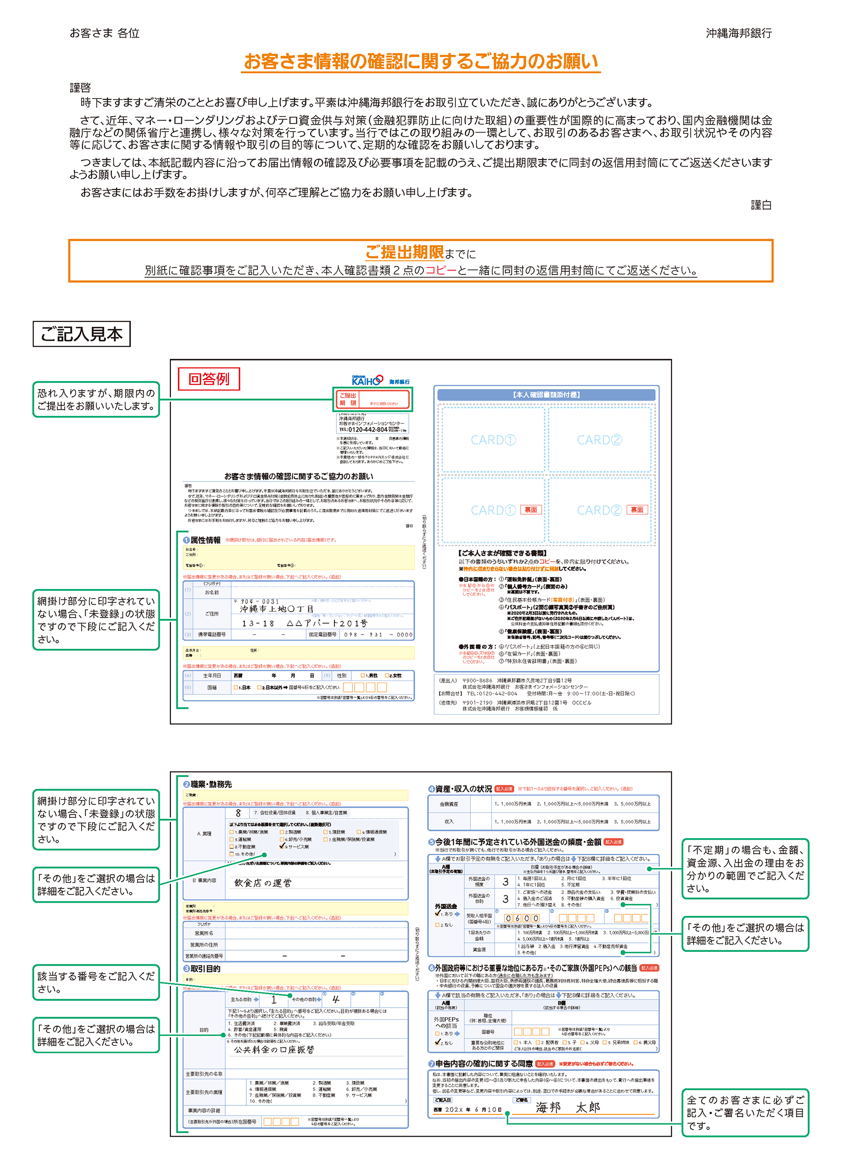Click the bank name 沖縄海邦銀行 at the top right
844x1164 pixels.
pyautogui.click(x=738, y=33)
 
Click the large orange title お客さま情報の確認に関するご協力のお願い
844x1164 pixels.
pyautogui.click(x=420, y=62)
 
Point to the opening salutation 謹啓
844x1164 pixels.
pyautogui.click(x=80, y=88)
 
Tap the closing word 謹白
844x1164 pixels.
pyautogui.click(x=761, y=205)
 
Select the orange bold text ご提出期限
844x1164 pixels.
pyautogui.click(x=405, y=252)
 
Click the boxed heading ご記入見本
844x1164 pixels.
pyautogui.click(x=82, y=334)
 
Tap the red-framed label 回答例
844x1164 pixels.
pyautogui.click(x=209, y=379)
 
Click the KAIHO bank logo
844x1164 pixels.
pyautogui.click(x=367, y=380)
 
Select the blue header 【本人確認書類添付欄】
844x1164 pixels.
pyautogui.click(x=546, y=394)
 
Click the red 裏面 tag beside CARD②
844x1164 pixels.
pyautogui.click(x=637, y=510)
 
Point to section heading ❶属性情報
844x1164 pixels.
pyautogui.click(x=202, y=540)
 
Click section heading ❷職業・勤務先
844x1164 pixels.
pyautogui.click(x=208, y=784)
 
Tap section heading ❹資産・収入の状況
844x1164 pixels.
pyautogui.click(x=459, y=789)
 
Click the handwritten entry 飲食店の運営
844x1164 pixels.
pyautogui.click(x=263, y=883)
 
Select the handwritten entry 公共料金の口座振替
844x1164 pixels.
pyautogui.click(x=274, y=1049)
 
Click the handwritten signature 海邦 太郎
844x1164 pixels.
pyautogui.click(x=568, y=1107)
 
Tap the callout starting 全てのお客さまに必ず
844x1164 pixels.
pyautogui.click(x=745, y=1112)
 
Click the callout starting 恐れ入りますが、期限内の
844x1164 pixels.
pyautogui.click(x=96, y=400)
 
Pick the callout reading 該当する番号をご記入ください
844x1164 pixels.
pyautogui.click(x=96, y=982)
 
